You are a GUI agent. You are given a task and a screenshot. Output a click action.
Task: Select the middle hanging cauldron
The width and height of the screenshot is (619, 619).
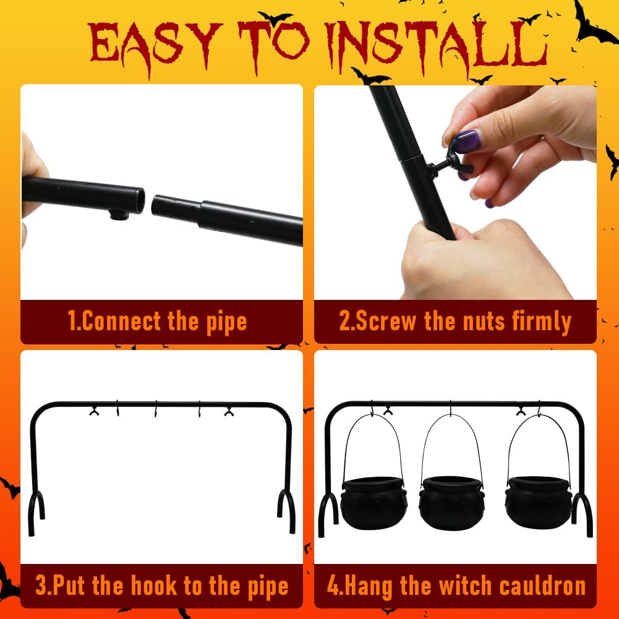(x=451, y=501)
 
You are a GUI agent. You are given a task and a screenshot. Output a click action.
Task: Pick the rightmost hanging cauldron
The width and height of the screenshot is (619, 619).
(x=537, y=501)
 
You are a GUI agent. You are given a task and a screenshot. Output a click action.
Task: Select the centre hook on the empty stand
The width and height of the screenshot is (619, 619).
(x=158, y=409)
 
